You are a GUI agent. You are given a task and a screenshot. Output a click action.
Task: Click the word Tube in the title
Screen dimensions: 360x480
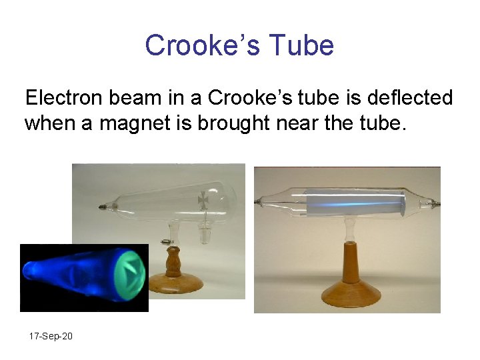click(x=302, y=45)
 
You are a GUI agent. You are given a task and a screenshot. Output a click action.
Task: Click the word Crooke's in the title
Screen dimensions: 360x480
click(x=203, y=45)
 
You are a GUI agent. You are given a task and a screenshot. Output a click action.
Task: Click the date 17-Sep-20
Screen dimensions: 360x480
click(x=51, y=336)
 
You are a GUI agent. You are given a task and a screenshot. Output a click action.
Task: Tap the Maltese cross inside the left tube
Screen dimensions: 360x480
click(x=203, y=199)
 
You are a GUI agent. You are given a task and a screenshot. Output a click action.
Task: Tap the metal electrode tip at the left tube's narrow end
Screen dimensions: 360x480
click(x=102, y=207)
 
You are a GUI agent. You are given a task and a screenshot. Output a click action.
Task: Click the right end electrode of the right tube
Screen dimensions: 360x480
click(x=434, y=201)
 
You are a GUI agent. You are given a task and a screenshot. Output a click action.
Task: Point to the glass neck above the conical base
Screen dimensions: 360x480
click(x=350, y=231)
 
